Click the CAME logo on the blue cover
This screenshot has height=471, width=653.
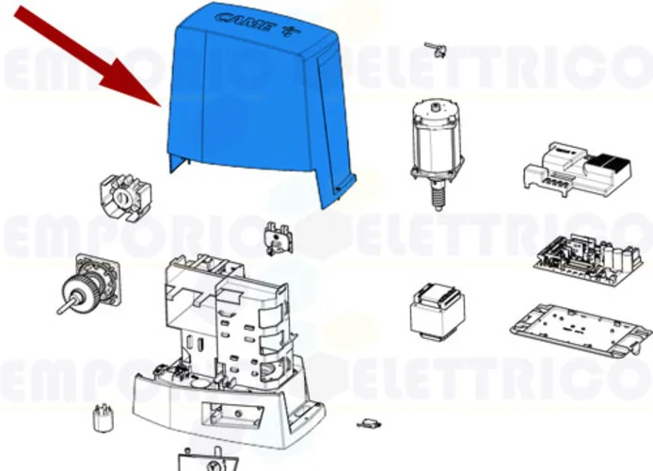[x=243, y=22]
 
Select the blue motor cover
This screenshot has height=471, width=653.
[x=254, y=104]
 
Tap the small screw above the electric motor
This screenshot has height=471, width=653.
[x=433, y=47]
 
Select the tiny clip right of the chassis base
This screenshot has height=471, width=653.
[x=370, y=427]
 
